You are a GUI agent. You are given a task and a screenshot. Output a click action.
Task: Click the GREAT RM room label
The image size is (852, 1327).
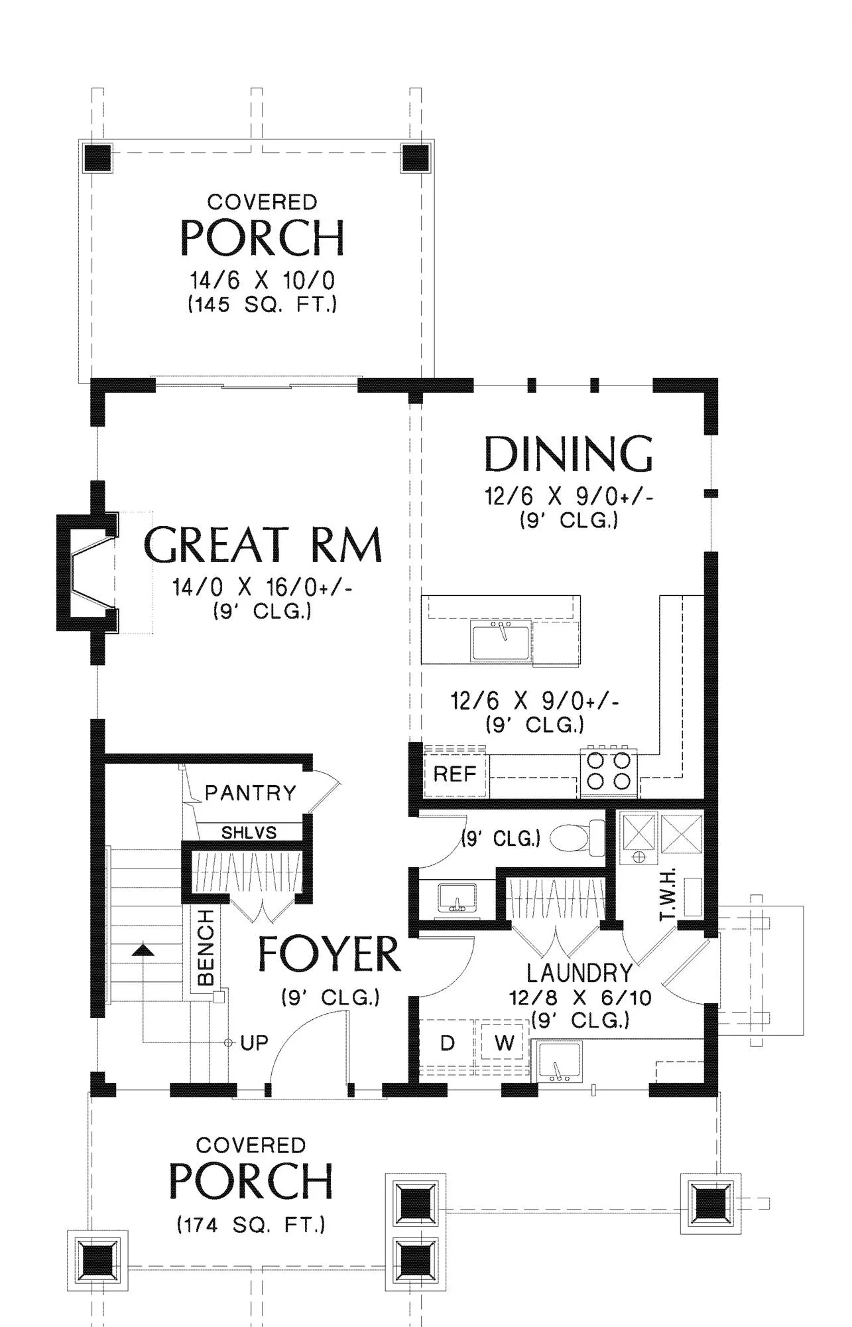point(263,545)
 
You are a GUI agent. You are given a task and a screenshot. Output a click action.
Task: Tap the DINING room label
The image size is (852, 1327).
point(569,454)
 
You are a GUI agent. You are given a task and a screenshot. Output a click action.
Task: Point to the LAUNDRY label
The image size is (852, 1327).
point(579,973)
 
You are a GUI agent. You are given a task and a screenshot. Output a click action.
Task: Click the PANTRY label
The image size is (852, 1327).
point(251,792)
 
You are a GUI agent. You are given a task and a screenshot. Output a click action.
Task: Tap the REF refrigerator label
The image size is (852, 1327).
point(455,774)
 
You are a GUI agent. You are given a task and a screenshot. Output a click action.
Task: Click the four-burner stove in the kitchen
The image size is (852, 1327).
point(609,772)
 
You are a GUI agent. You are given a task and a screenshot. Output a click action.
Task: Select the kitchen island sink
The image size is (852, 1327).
point(501,641)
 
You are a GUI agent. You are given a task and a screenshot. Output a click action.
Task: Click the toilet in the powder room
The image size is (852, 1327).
point(578,838)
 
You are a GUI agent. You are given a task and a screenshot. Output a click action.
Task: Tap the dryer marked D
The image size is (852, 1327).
point(447,1044)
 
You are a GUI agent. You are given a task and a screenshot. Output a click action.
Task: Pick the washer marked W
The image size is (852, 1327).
point(504,1044)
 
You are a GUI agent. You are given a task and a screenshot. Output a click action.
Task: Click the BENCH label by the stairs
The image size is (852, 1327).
point(206,947)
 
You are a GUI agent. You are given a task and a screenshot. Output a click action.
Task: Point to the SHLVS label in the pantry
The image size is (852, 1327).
point(249,832)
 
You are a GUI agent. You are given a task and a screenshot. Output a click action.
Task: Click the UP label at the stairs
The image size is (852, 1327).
point(255,1043)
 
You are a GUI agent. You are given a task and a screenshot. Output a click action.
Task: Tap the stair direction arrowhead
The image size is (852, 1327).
point(143,950)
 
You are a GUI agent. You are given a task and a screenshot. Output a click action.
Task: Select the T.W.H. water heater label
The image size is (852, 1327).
point(667,894)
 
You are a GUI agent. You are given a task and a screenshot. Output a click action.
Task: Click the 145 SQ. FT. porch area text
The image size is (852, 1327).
point(263,305)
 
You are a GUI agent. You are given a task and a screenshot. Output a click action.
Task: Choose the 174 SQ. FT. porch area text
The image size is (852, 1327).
point(251,1224)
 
